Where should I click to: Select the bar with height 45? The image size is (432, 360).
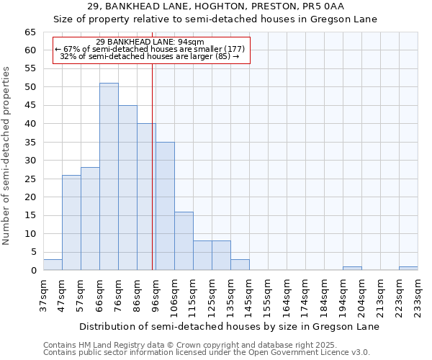click(127, 187)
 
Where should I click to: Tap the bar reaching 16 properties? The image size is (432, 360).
click(184, 240)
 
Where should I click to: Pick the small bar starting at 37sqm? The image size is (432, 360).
click(53, 265)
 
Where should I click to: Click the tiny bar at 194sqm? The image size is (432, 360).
click(352, 269)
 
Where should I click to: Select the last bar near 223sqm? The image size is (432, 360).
click(408, 269)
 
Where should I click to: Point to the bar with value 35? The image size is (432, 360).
click(165, 206)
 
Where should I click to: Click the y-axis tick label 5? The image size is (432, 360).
click(33, 252)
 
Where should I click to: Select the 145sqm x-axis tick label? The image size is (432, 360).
click(249, 294)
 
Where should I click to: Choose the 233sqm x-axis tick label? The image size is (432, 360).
click(418, 294)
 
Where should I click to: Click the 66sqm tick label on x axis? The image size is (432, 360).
click(99, 294)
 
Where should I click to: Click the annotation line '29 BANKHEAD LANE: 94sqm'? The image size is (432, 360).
click(150, 42)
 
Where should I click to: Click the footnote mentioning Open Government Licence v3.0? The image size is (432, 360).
click(206, 353)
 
